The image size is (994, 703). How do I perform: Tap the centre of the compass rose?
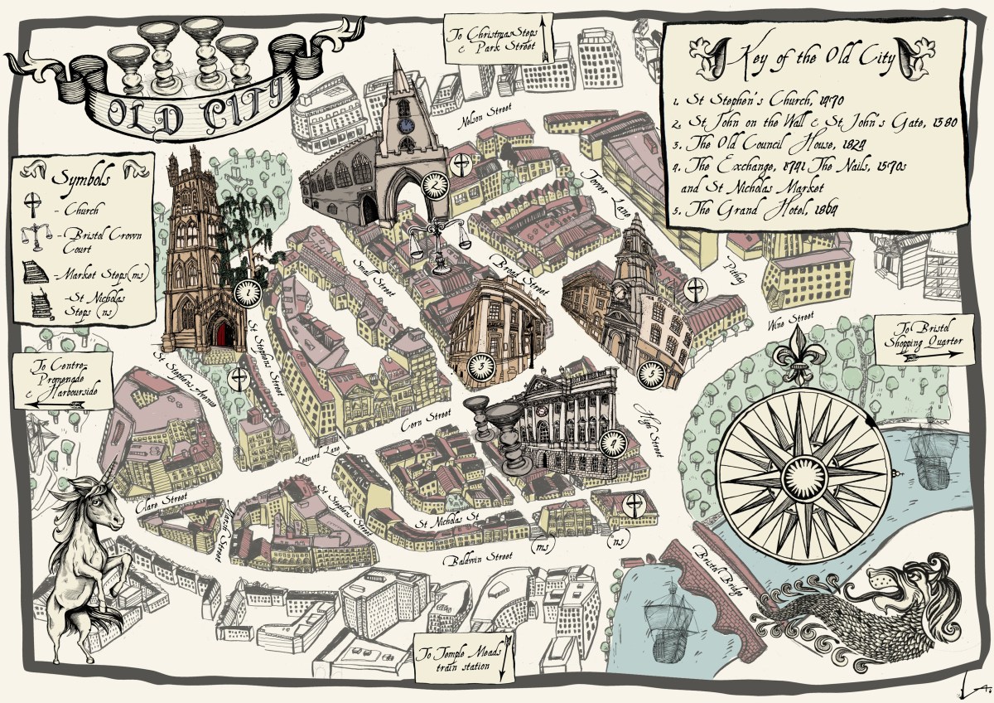click(x=799, y=479)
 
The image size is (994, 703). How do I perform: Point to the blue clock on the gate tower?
click(x=405, y=124)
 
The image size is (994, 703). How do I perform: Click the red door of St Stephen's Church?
click(x=221, y=336)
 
